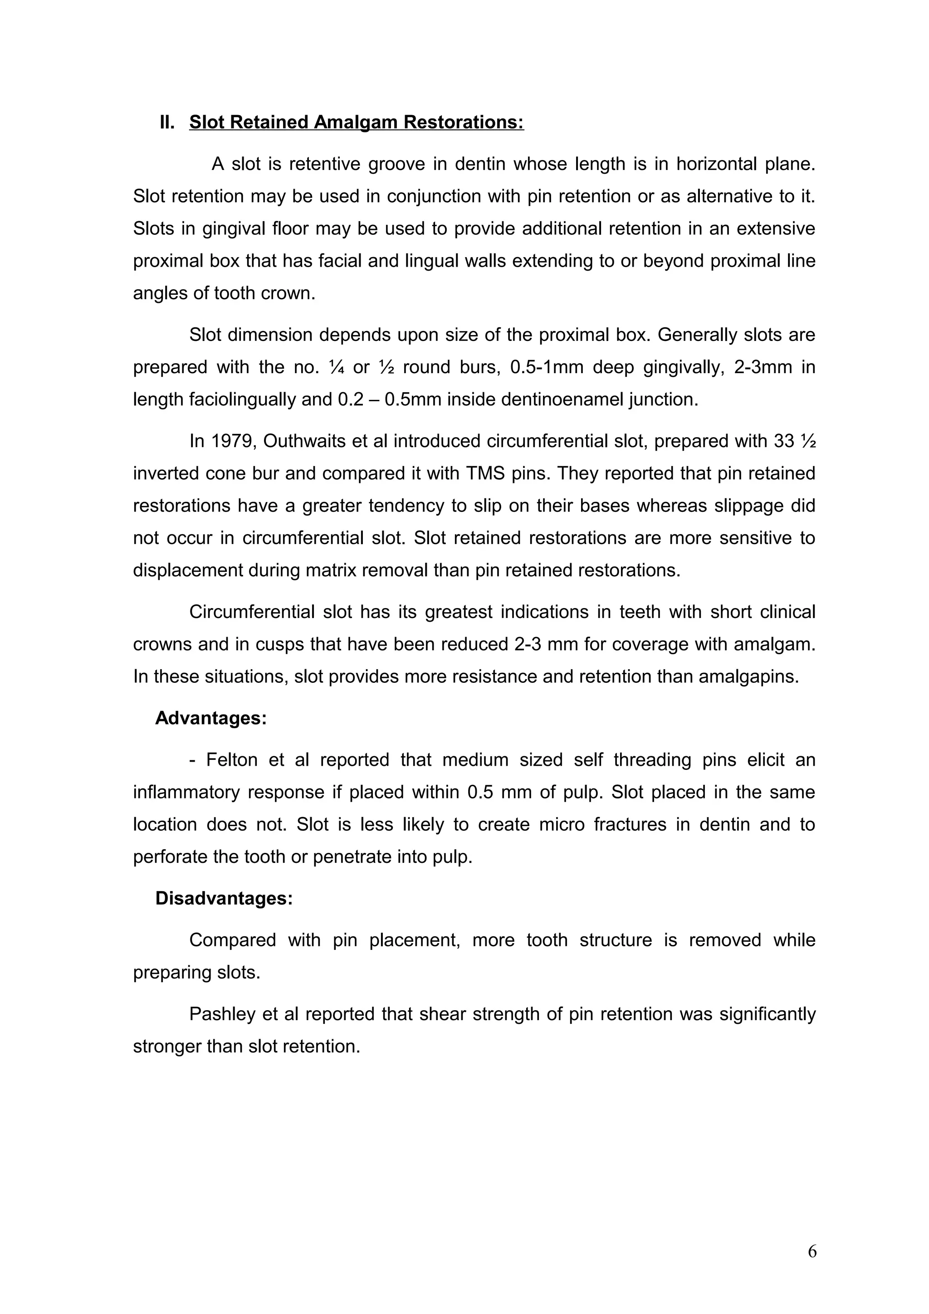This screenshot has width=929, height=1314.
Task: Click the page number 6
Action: click(x=812, y=1251)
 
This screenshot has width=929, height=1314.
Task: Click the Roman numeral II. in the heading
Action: click(x=167, y=122)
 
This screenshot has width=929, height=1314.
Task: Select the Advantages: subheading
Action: click(x=210, y=718)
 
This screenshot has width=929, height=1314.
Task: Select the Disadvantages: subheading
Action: click(x=224, y=898)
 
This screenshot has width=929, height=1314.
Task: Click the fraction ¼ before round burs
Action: click(x=335, y=367)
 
